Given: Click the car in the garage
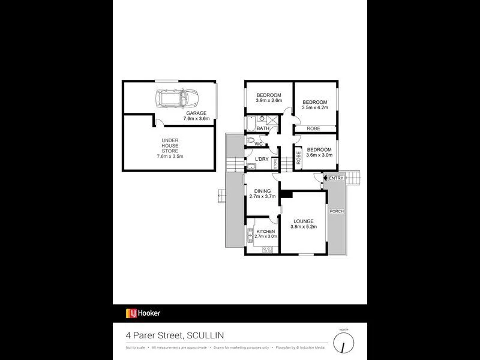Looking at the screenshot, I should tap(176, 98).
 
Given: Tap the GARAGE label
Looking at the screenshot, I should tap(196, 113).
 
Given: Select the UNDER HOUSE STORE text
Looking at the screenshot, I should tap(170, 148).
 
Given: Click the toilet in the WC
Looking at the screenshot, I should tap(250, 142).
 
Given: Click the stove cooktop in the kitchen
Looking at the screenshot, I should tap(267, 250).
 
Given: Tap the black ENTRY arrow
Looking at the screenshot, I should tap(325, 178).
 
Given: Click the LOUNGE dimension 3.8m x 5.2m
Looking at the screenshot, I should tap(304, 227).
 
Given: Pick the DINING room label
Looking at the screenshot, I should tap(262, 191).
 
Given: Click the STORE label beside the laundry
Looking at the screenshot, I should tap(275, 163).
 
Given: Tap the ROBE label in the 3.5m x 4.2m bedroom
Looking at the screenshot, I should tap(313, 128).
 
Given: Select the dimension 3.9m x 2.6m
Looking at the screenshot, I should tap(269, 101).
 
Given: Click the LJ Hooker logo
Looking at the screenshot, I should tap(143, 313).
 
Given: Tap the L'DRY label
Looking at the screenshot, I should tap(262, 158).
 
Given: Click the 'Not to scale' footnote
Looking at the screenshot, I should tap(136, 347).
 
